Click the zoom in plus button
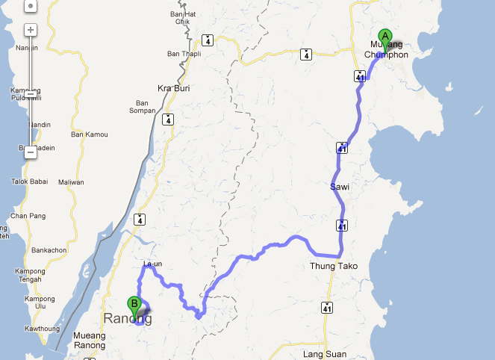tap(30, 31)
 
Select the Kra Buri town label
tap(171, 88)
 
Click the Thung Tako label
tap(334, 266)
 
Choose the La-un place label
tap(152, 264)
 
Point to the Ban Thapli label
tap(184, 54)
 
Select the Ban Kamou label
tap(89, 134)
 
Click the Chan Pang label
tap(28, 216)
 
